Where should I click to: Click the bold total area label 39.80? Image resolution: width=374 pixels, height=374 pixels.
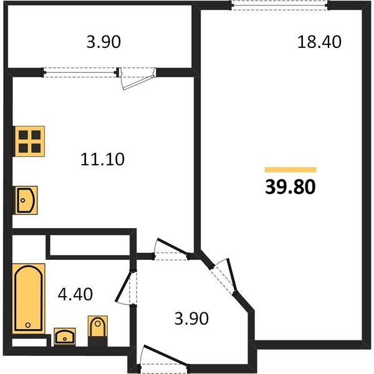pyautogui.click(x=290, y=187)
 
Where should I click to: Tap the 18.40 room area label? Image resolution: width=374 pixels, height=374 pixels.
pyautogui.click(x=319, y=42)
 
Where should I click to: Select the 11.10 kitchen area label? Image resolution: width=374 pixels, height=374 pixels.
pyautogui.click(x=102, y=160)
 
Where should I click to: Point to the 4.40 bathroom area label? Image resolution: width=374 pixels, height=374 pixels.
pyautogui.click(x=75, y=294)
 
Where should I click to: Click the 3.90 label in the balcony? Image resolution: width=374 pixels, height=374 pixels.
pyautogui.click(x=103, y=42)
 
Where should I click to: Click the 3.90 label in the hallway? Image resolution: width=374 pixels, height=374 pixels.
pyautogui.click(x=191, y=318)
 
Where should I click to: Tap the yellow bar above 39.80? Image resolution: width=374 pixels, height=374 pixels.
pyautogui.click(x=290, y=170)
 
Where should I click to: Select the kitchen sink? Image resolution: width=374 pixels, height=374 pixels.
pyautogui.click(x=26, y=200)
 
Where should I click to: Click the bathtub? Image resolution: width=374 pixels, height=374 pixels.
pyautogui.click(x=29, y=299)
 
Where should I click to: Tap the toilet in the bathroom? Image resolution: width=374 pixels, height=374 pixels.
pyautogui.click(x=98, y=330)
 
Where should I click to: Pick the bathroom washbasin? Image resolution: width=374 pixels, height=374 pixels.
pyautogui.click(x=65, y=337)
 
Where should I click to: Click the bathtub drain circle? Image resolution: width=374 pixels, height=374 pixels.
pyautogui.click(x=28, y=325)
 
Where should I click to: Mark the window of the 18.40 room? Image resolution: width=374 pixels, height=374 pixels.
pyautogui.click(x=279, y=5)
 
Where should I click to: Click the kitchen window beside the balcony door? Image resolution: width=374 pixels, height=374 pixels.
pyautogui.click(x=80, y=72)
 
